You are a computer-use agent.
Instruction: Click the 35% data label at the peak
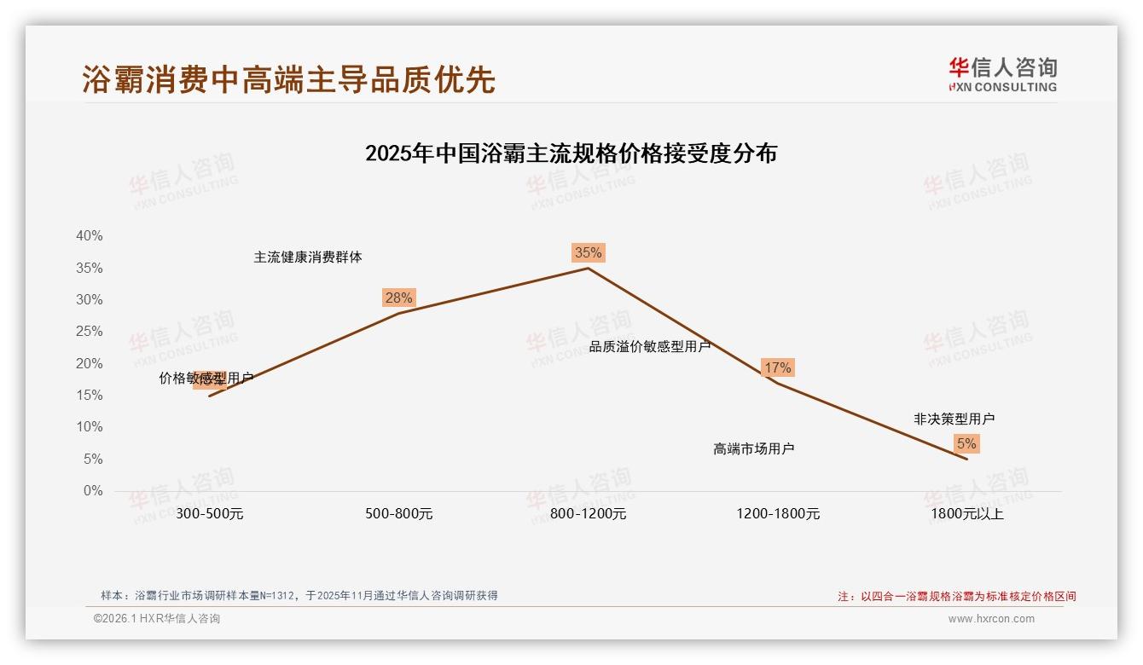point(588,252)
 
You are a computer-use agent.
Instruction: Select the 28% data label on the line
point(398,298)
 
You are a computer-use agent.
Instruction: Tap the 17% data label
point(777,367)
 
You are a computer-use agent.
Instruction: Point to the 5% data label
point(966,443)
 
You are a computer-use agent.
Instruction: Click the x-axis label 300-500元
point(210,514)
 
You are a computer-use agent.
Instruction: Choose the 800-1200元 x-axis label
point(588,514)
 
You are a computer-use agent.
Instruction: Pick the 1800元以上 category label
point(967,514)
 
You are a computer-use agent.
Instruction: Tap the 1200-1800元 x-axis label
point(778,514)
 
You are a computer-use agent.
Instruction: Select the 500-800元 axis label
point(399,514)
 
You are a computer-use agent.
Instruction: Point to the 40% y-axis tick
point(89,236)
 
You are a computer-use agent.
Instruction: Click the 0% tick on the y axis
point(93,491)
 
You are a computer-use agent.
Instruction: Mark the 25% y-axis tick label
point(89,332)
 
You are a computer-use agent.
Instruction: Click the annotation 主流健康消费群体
point(308,257)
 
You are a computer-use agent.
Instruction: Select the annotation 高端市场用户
point(754,449)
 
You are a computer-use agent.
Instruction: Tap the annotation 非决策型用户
point(954,419)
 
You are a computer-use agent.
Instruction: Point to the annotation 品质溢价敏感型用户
point(650,347)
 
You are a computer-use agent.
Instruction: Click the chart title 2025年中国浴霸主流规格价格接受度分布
point(571,153)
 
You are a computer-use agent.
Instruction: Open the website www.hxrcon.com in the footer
point(991,619)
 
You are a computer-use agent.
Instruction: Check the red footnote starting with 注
point(957,597)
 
